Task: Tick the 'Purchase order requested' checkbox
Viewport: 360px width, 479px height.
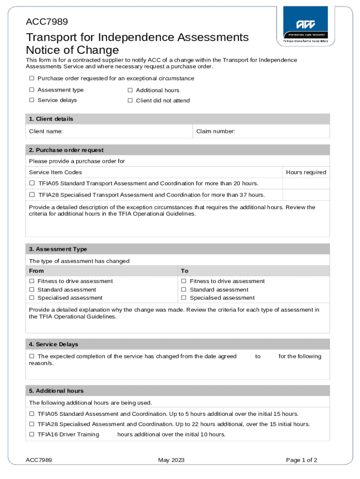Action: point(32,78)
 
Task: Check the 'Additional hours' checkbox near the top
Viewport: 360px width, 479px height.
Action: point(130,90)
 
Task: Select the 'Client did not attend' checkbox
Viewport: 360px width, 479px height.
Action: point(130,101)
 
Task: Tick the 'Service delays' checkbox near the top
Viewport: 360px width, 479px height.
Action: point(32,100)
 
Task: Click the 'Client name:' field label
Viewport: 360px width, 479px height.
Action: point(46,132)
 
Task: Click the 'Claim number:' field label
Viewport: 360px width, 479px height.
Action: point(215,132)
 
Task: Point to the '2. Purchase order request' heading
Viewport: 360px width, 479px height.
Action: point(66,150)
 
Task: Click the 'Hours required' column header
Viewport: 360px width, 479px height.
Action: point(306,172)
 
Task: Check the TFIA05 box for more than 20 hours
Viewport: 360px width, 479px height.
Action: point(32,183)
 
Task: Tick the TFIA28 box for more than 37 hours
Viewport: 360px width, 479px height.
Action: point(32,195)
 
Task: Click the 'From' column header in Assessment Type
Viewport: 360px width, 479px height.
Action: point(36,271)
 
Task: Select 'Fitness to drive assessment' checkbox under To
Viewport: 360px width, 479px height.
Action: point(184,281)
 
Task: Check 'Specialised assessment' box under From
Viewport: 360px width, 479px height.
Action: point(32,298)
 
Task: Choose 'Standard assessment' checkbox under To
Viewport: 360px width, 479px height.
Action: point(184,290)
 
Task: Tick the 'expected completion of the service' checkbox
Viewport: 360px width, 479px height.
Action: point(32,356)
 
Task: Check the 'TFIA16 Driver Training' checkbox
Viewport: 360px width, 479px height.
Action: point(32,435)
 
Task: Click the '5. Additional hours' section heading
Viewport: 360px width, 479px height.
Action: point(56,391)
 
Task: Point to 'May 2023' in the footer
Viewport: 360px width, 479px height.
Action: point(171,460)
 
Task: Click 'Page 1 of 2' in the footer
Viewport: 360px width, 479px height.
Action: point(302,460)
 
